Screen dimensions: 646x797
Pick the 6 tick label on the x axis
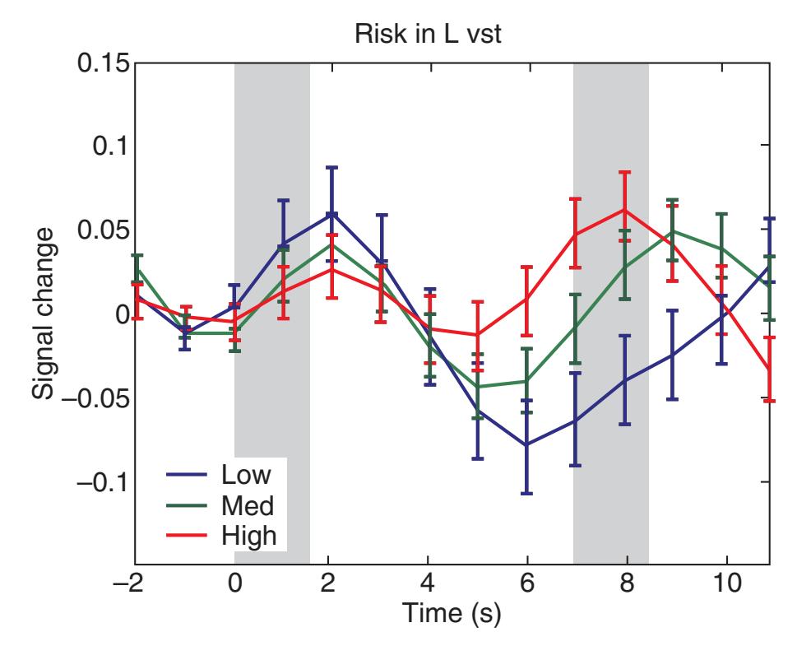point(526,588)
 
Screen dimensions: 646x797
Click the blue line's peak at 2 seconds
point(331,213)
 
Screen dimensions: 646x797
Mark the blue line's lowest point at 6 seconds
point(526,444)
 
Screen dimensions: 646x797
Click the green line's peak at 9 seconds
point(673,231)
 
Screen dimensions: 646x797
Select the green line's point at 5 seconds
point(477,387)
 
